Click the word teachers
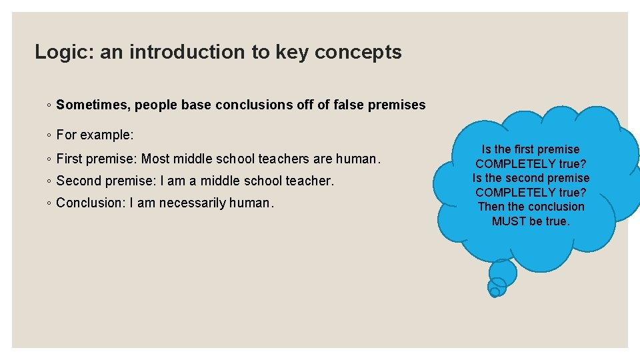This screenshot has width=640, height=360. click(x=285, y=159)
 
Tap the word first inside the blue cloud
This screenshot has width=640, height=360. click(x=521, y=149)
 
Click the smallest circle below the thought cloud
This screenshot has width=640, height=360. click(x=494, y=291)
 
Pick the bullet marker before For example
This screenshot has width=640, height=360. click(x=49, y=135)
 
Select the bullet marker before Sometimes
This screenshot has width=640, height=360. click(x=49, y=105)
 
